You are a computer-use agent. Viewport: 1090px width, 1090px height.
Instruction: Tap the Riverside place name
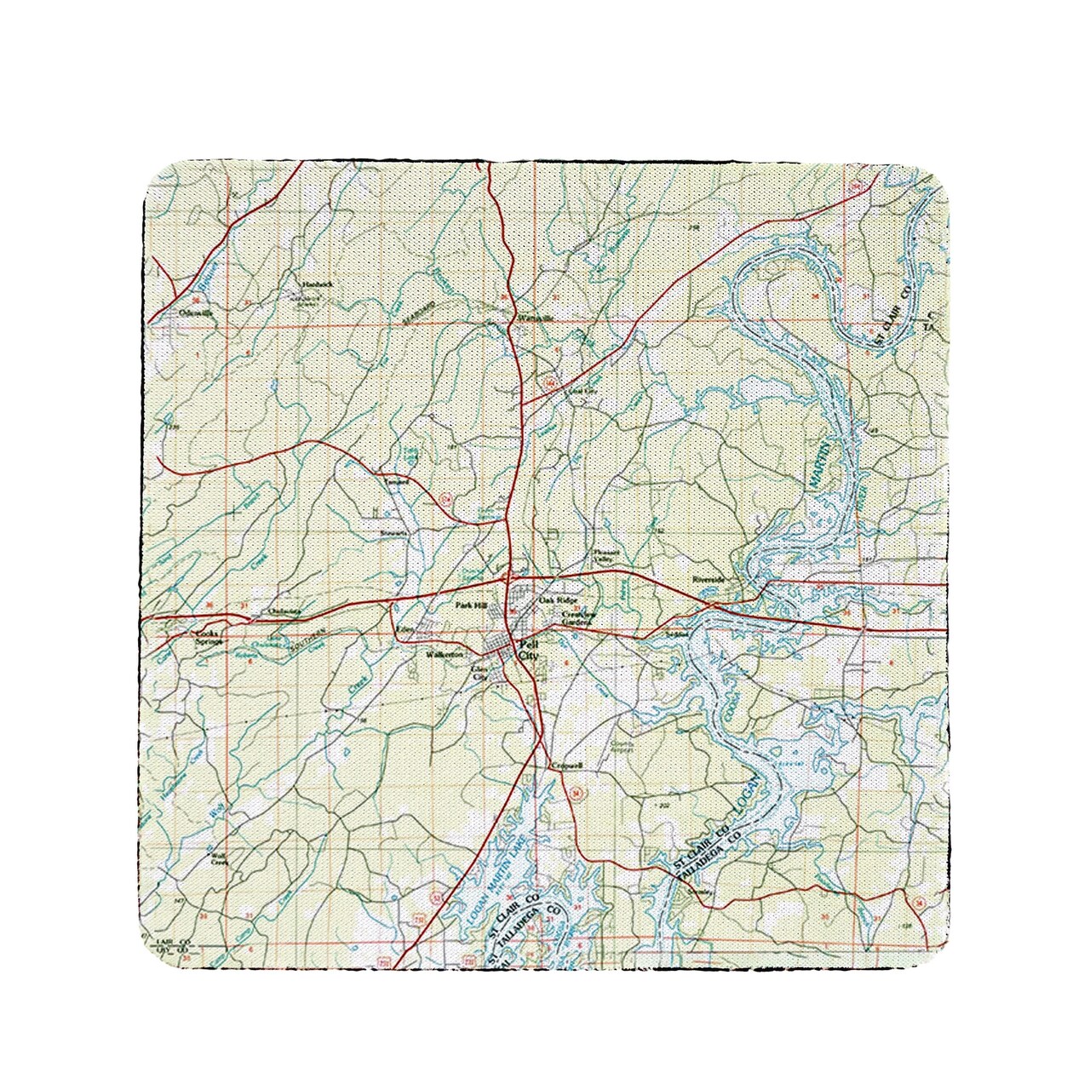click(x=708, y=579)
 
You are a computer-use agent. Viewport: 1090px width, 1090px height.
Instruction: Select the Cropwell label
click(x=566, y=766)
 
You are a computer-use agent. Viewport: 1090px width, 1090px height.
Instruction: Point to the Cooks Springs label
click(x=209, y=638)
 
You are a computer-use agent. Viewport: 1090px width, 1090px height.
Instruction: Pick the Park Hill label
click(x=469, y=605)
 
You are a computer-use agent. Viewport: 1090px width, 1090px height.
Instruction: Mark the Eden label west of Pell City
click(x=404, y=629)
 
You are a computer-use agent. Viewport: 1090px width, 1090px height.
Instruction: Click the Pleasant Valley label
click(x=603, y=554)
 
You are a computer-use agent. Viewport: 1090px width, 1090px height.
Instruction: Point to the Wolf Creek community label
click(x=221, y=859)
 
